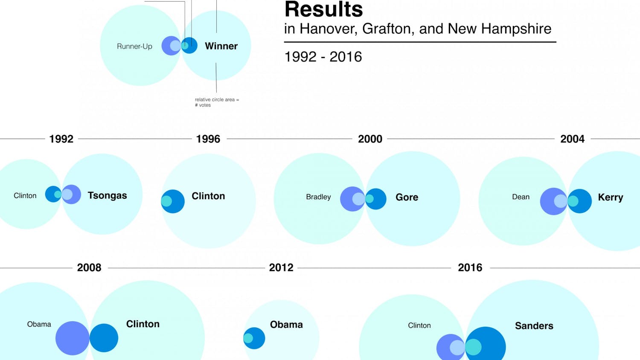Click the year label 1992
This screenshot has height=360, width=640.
tap(61, 139)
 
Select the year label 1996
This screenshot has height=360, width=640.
tap(208, 139)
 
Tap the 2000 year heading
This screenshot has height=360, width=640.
tap(370, 139)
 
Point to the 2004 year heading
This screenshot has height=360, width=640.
tap(572, 139)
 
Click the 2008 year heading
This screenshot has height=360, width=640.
tap(89, 268)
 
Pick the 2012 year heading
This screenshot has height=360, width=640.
tap(281, 268)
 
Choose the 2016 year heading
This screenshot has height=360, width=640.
tap(470, 268)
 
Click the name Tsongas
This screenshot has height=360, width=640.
tap(107, 195)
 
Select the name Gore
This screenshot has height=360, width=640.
tap(407, 197)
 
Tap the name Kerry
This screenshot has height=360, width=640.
tap(610, 197)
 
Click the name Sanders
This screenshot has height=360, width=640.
tap(534, 326)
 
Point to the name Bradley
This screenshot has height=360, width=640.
tap(318, 197)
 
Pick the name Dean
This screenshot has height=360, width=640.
tap(521, 197)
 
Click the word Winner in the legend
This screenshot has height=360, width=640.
tap(221, 46)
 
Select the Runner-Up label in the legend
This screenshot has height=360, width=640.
tap(134, 46)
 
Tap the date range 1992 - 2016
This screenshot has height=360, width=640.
tap(323, 57)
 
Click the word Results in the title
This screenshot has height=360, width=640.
tap(323, 9)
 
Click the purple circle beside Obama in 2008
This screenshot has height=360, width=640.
tap(72, 338)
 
